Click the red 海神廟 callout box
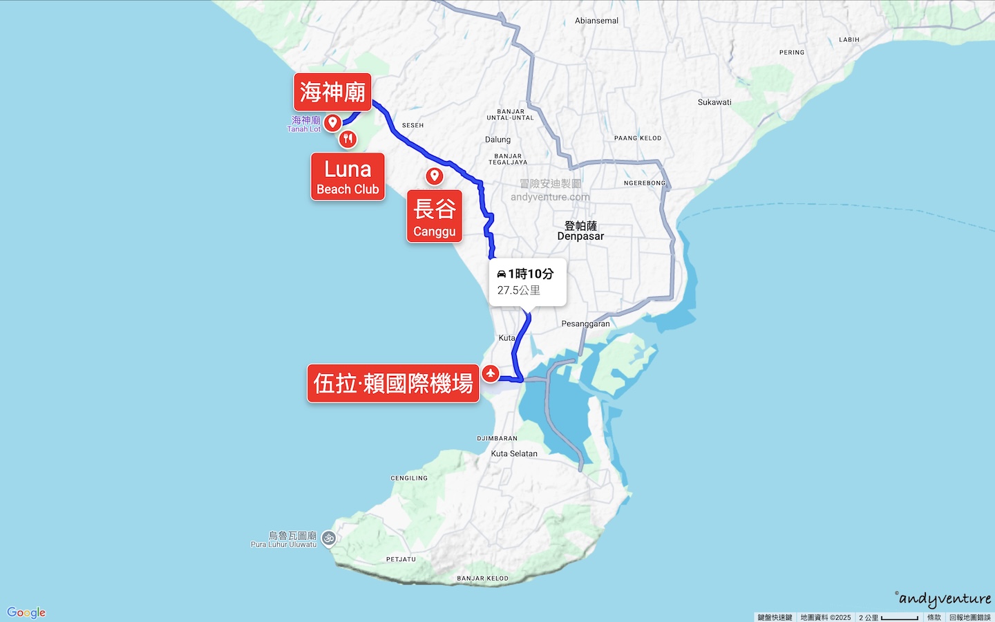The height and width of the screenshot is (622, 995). (332, 92)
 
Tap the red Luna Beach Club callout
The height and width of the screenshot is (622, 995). (348, 177)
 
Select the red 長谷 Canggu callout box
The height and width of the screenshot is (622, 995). (434, 216)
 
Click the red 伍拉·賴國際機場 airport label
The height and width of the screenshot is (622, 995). (393, 383)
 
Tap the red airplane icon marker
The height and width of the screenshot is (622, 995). (491, 373)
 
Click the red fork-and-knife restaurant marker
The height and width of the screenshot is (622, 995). (348, 139)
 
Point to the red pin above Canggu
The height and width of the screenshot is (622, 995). (435, 176)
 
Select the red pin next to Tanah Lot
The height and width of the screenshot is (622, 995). (333, 122)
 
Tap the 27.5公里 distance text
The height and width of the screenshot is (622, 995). (519, 290)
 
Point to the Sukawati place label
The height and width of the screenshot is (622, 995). (714, 102)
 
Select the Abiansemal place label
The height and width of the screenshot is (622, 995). (596, 21)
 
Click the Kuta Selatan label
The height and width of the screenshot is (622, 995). (514, 454)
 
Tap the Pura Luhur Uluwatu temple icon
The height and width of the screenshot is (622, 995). (329, 538)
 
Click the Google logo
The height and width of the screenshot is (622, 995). (26, 612)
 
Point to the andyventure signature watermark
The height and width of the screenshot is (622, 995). (944, 599)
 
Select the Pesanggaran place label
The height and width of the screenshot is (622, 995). (585, 323)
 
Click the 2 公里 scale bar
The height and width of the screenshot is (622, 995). (889, 617)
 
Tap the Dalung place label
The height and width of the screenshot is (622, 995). (497, 140)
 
